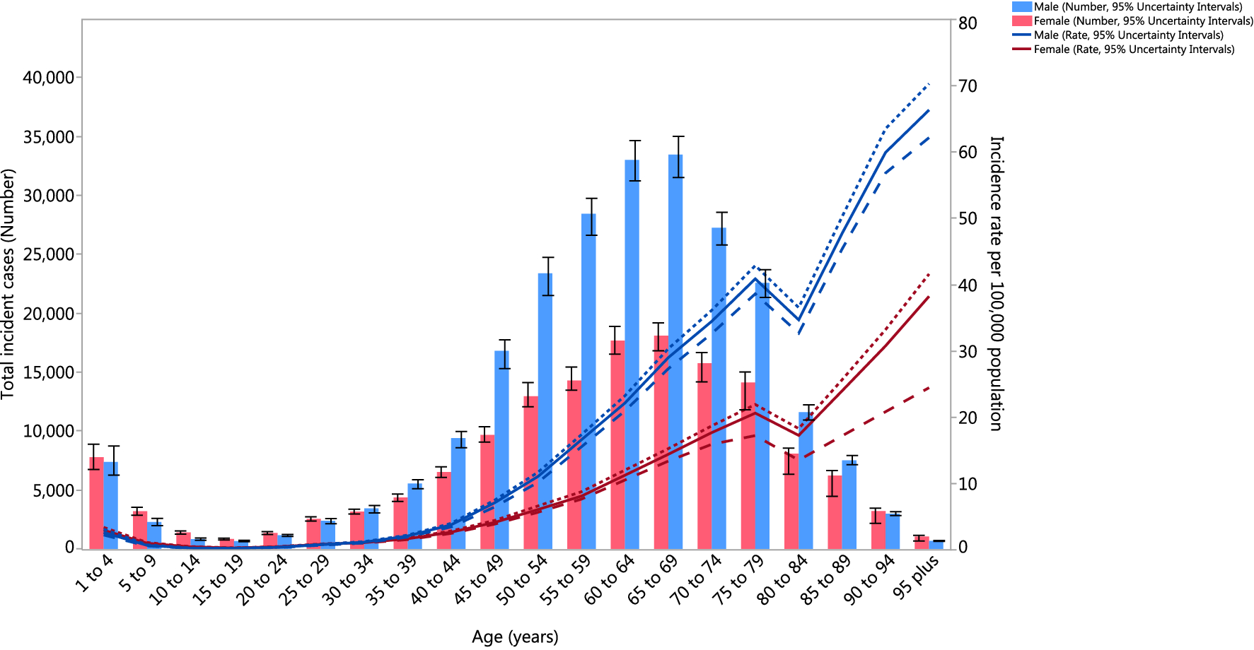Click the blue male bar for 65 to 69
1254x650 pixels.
(x=675, y=353)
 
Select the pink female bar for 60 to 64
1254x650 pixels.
(x=617, y=445)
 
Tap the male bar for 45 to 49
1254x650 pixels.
(x=501, y=452)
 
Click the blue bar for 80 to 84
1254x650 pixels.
(x=806, y=480)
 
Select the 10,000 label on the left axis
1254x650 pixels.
(x=49, y=431)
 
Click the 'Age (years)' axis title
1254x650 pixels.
(x=515, y=637)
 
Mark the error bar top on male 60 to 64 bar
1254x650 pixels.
(x=632, y=141)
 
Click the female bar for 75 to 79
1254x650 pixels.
(x=748, y=466)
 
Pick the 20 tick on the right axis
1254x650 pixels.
(x=968, y=418)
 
